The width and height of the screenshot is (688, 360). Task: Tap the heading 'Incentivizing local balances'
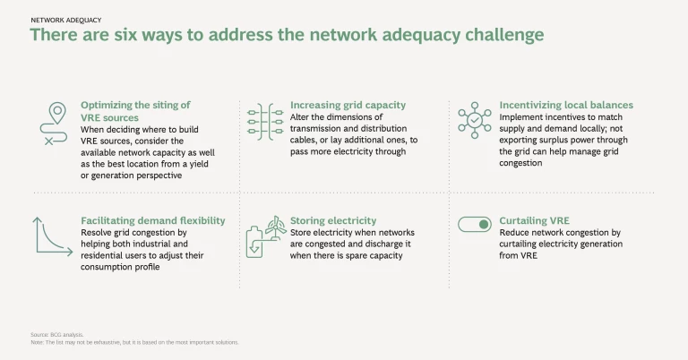pyautogui.click(x=566, y=105)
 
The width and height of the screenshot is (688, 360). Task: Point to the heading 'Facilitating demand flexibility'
pyautogui.click(x=152, y=220)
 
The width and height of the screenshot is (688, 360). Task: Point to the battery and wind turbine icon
pyautogui.click(x=267, y=236)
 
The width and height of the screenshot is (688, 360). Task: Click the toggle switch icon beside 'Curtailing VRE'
pyautogui.click(x=475, y=225)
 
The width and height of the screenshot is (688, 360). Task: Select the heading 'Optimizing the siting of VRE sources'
pyautogui.click(x=135, y=110)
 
